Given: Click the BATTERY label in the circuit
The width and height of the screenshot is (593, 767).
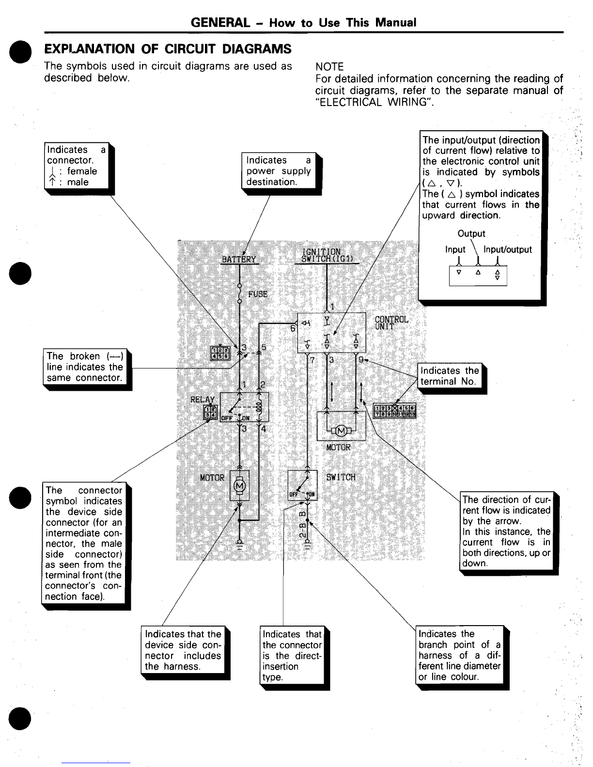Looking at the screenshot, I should coord(238,260).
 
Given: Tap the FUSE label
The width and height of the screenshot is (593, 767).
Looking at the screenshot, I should coord(258,294).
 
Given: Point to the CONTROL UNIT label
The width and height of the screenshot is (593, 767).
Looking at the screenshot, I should coord(391,322).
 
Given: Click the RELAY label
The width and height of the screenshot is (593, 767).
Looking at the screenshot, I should coord(203,399).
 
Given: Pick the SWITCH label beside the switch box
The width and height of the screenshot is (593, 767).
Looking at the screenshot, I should coord(341,477).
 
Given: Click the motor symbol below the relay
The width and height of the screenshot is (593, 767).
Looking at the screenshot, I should coord(239,485).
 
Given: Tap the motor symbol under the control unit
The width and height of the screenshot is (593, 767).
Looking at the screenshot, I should coord(341,430).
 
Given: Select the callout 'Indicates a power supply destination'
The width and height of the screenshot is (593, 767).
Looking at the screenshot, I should coord(279,171).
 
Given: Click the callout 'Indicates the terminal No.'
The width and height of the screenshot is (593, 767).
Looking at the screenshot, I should coord(450,376).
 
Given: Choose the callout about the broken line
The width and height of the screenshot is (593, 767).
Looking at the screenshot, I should coord(84,367).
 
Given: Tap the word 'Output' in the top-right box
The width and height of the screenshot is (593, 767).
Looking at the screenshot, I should coord(471,233).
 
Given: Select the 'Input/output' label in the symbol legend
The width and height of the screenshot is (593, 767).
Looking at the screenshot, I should coord(508,249).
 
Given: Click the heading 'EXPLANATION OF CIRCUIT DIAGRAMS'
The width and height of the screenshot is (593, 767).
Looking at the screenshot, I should coord(168,49).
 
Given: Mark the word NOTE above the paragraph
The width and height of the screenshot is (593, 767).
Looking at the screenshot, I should coord(329,67).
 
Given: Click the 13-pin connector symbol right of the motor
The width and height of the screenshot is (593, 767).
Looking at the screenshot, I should coord(395,411).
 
